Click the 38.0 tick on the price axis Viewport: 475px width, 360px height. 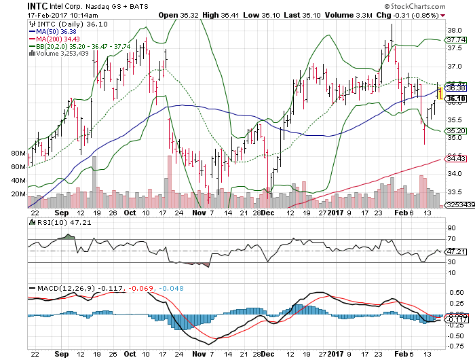456,31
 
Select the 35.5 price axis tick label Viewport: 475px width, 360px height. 456,120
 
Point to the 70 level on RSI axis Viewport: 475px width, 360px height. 451,239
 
